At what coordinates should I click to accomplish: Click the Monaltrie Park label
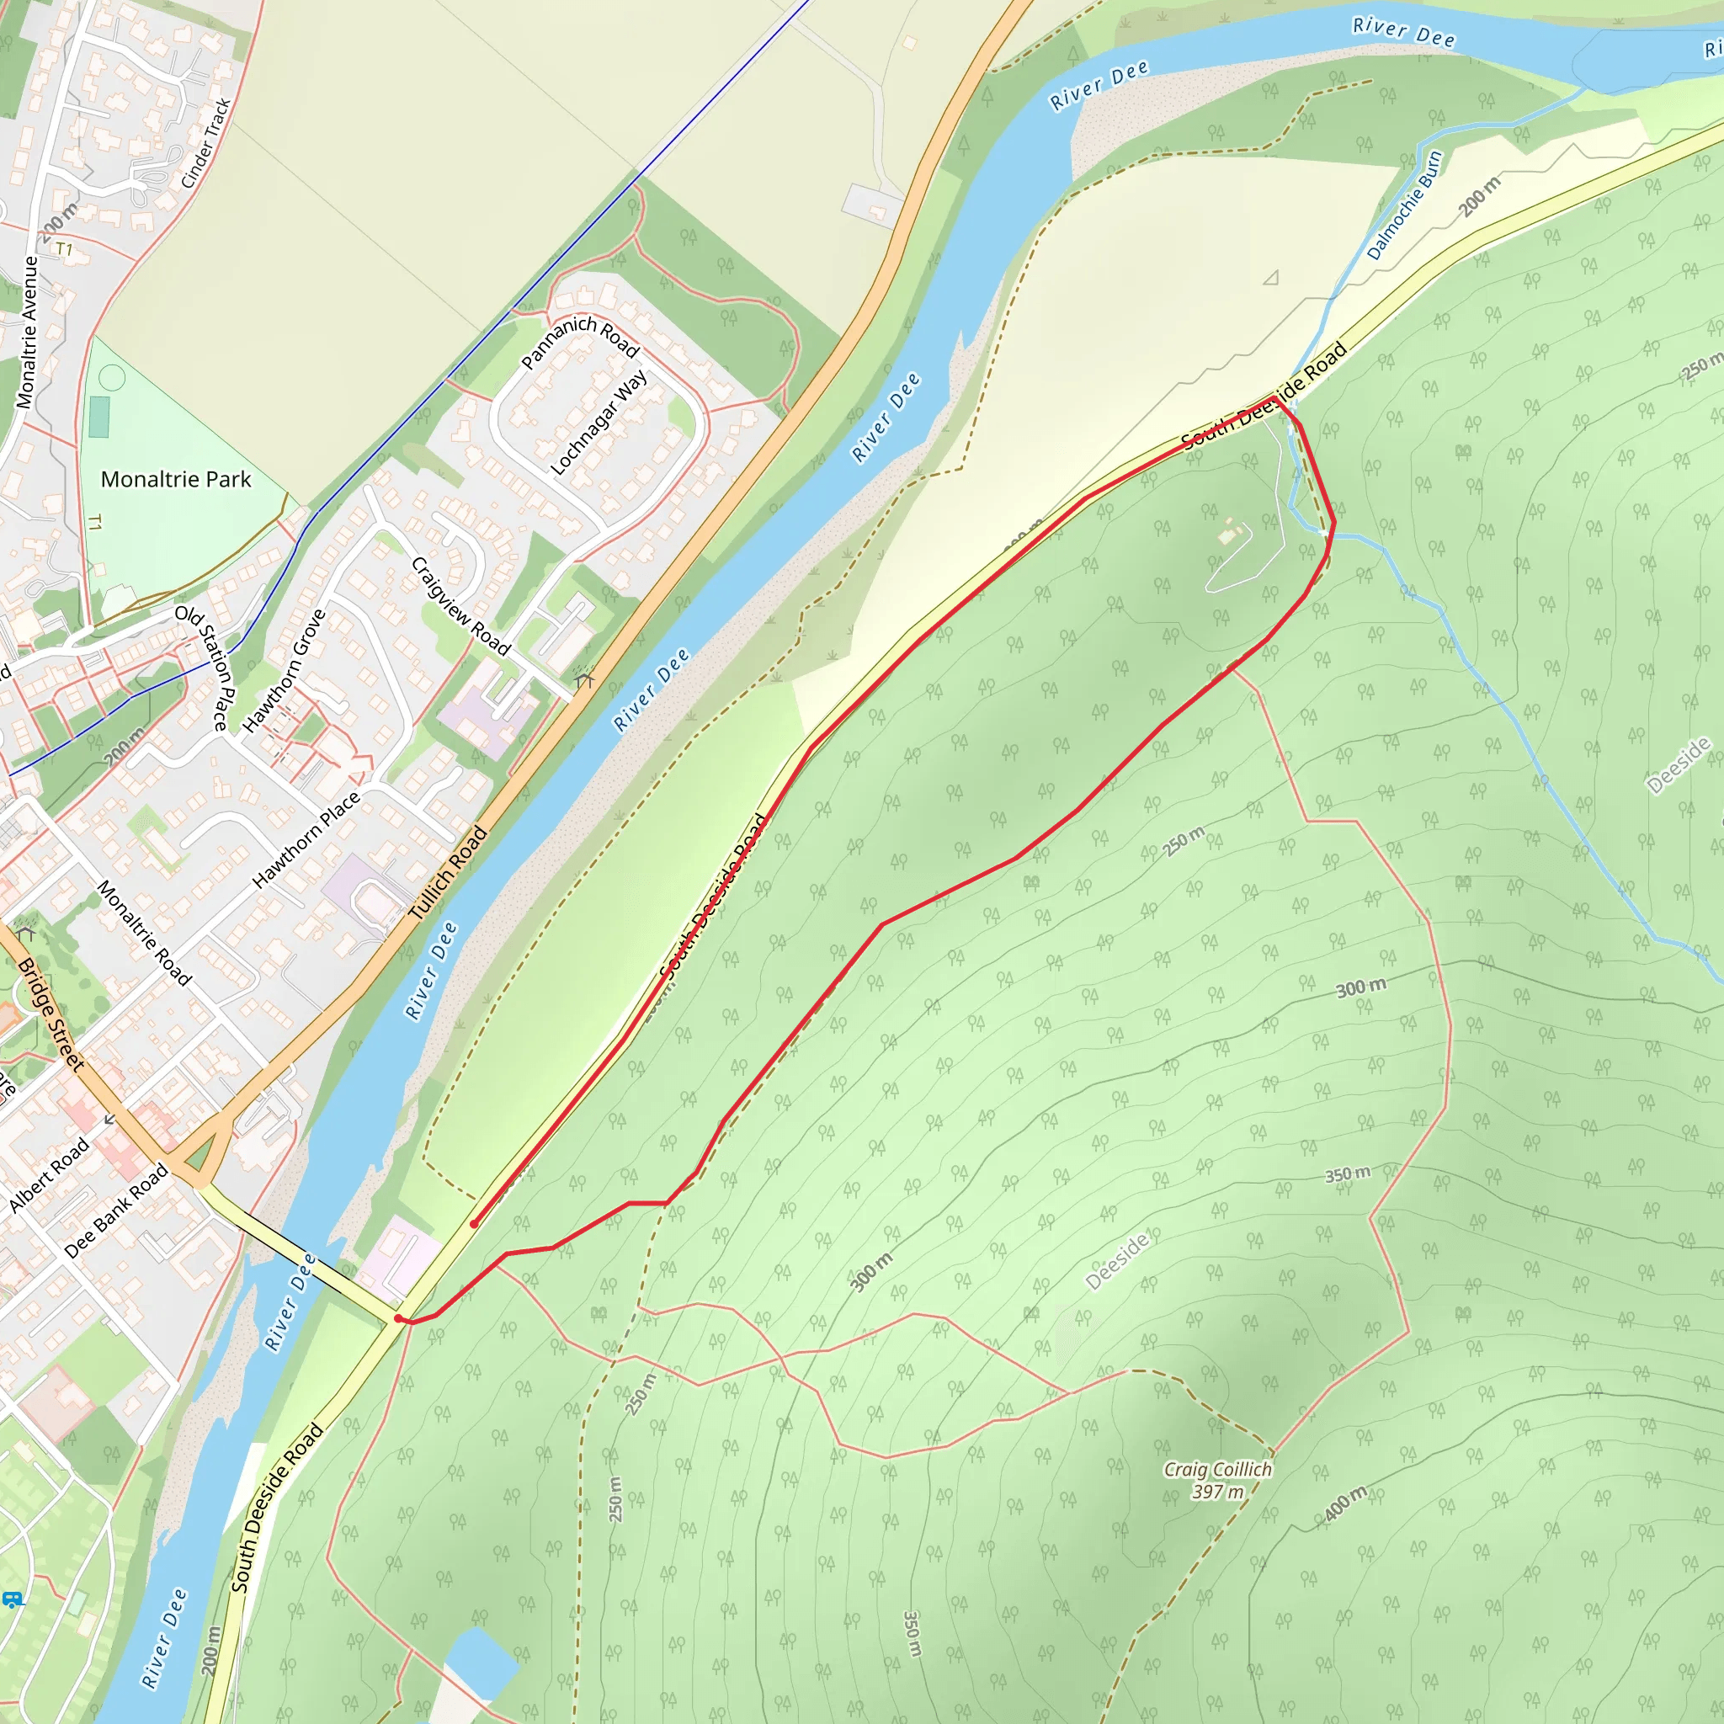point(176,479)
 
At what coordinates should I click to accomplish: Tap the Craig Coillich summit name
point(1217,1470)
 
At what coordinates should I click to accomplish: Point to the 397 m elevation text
point(1217,1492)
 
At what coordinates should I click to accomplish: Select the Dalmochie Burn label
point(1403,206)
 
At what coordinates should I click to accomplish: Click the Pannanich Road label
point(580,340)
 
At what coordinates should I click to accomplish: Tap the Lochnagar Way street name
point(599,423)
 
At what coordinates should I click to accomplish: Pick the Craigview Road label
point(460,606)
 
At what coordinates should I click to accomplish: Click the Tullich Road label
point(448,873)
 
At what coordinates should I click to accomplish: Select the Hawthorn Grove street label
point(284,671)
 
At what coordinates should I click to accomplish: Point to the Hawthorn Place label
point(306,839)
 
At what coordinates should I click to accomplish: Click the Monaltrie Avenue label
point(28,332)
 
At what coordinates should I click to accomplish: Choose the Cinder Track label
point(206,144)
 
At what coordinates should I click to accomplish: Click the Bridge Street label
point(51,1014)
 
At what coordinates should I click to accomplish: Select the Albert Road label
point(49,1175)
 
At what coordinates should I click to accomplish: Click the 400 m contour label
point(1344,1503)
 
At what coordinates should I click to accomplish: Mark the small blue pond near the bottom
point(481,1663)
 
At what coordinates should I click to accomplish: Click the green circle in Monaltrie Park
point(112,378)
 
